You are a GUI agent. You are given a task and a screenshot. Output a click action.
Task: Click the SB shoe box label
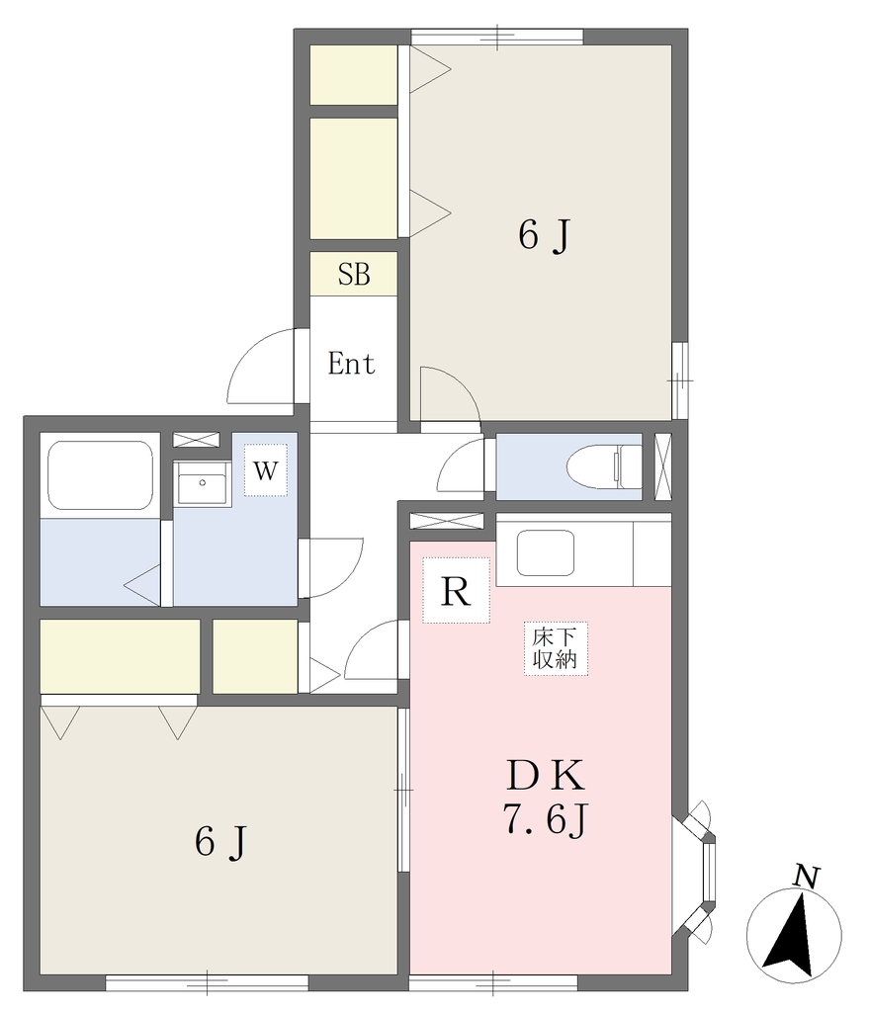(x=354, y=275)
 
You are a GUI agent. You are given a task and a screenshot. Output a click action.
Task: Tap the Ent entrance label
(x=351, y=364)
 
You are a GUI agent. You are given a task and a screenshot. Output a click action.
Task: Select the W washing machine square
(x=265, y=470)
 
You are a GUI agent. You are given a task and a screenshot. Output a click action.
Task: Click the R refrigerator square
(x=456, y=591)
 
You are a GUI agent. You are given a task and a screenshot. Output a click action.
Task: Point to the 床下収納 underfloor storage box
(x=556, y=648)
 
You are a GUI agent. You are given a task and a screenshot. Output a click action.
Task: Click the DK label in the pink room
(x=546, y=775)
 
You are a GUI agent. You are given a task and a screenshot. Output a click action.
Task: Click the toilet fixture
(x=604, y=466)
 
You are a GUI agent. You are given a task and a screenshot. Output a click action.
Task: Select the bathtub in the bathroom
(x=100, y=475)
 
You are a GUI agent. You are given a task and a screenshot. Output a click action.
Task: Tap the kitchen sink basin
(x=545, y=552)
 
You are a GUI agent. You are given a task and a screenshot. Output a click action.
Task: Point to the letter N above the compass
(x=807, y=877)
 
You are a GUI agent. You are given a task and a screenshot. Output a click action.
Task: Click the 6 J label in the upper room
(x=545, y=235)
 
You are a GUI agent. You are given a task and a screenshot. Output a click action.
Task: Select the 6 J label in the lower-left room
(x=220, y=842)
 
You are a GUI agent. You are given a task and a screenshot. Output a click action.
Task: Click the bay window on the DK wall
(x=695, y=867)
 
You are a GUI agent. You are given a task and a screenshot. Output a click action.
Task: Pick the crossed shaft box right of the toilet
(x=663, y=466)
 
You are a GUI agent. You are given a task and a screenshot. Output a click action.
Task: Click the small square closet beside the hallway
(x=255, y=656)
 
